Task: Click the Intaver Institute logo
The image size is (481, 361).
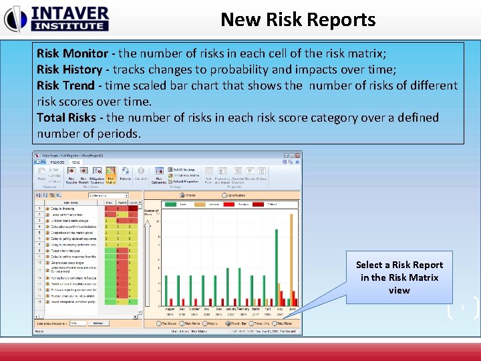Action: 56,18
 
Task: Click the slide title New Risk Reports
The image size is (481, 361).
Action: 298,19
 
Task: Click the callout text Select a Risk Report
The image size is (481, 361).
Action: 399,265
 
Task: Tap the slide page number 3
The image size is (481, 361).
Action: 461,308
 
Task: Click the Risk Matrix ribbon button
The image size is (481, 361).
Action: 110,176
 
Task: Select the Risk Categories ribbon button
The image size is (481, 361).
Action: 160,176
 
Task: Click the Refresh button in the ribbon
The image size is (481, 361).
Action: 126,176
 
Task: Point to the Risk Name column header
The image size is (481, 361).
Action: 70,201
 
